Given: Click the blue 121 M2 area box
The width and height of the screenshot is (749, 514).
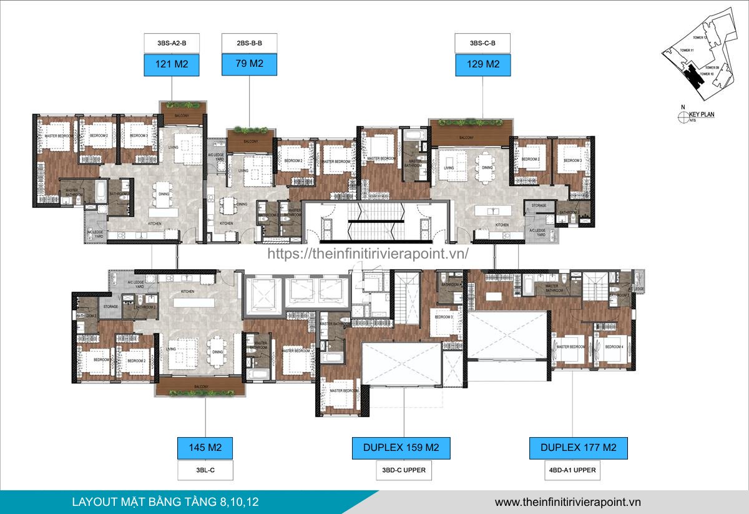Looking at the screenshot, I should click(x=167, y=64).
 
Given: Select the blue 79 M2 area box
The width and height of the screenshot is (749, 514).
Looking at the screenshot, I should click(x=249, y=64).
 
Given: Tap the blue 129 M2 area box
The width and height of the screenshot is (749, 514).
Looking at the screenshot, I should click(x=483, y=64).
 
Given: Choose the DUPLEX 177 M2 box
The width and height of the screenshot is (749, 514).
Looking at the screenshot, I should click(x=578, y=448).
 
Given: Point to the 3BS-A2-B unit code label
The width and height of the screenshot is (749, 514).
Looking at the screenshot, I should click(x=167, y=44).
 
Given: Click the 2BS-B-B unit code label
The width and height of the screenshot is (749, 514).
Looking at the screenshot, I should click(x=249, y=44).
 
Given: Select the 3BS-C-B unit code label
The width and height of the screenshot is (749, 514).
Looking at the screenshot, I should click(x=483, y=44).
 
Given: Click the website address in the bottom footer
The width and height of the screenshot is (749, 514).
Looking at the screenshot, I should click(x=567, y=502).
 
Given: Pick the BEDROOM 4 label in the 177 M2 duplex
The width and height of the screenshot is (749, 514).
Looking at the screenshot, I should click(x=614, y=347).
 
